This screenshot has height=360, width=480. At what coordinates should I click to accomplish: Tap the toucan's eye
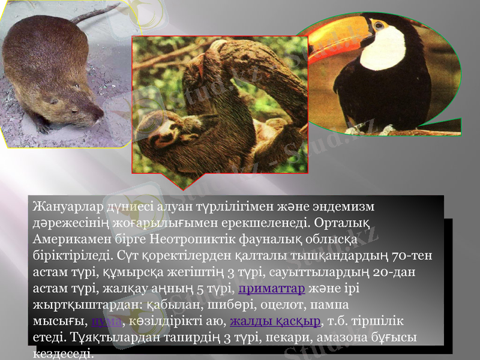(x=380, y=26)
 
